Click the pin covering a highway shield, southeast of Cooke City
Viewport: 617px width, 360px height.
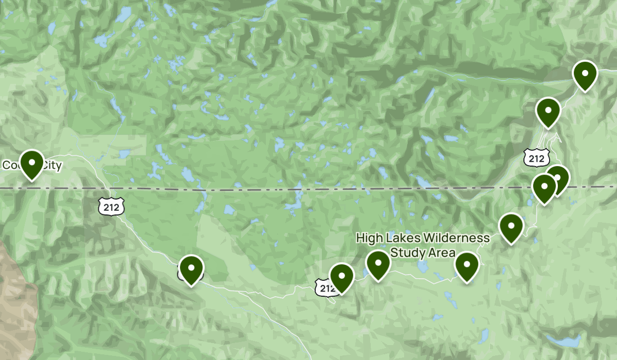(x=191, y=269)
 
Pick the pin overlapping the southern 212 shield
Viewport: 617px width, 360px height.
(x=341, y=278)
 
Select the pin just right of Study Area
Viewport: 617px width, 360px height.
(x=467, y=267)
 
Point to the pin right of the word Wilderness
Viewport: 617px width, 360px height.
(x=511, y=227)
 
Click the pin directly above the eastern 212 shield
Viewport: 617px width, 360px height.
(x=548, y=112)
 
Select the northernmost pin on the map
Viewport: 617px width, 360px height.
(x=585, y=75)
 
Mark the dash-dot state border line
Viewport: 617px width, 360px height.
(x=257, y=189)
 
